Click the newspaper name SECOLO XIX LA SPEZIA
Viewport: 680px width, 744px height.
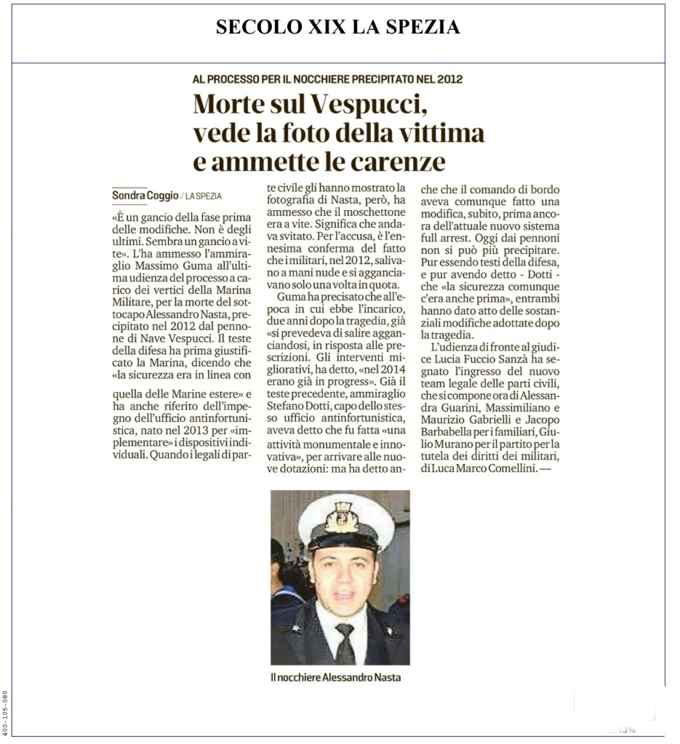[x=338, y=28]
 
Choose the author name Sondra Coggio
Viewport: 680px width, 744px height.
[x=144, y=195]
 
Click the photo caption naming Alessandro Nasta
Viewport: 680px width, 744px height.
[x=335, y=677]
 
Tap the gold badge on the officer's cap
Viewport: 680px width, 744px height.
[x=340, y=517]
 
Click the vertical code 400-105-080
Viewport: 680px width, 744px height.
[x=7, y=713]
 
